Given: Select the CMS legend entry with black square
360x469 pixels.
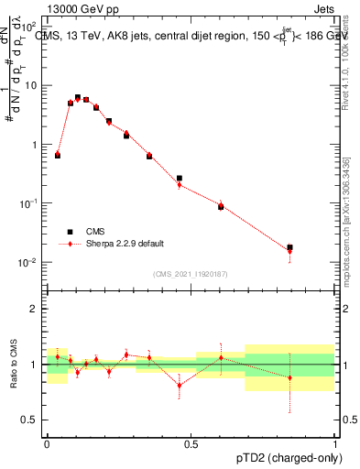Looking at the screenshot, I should [70, 232].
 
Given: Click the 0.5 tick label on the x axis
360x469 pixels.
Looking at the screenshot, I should [191, 442].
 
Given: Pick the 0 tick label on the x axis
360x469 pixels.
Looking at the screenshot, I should [47, 442].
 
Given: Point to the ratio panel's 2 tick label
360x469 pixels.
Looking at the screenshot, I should [33, 309].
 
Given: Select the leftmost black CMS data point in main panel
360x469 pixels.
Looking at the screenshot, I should [58, 156].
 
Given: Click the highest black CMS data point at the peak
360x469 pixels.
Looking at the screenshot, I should [78, 97].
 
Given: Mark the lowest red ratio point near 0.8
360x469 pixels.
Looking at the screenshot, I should [179, 385].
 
